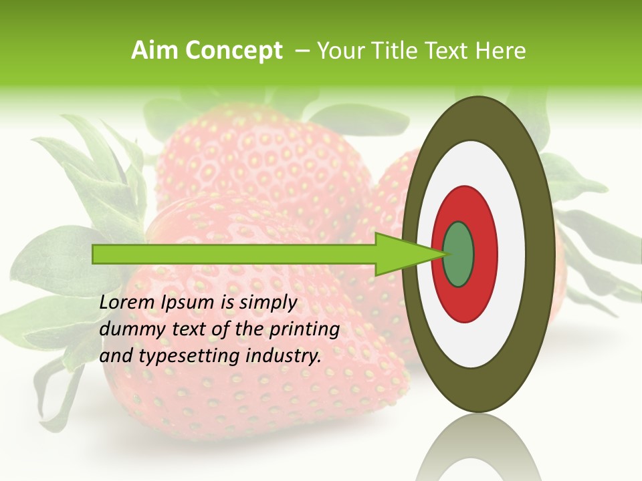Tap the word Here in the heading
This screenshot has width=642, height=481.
(500, 51)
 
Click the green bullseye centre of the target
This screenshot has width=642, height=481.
(459, 255)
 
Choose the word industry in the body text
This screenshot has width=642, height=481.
(284, 356)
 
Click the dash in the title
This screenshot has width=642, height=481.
(302, 51)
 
